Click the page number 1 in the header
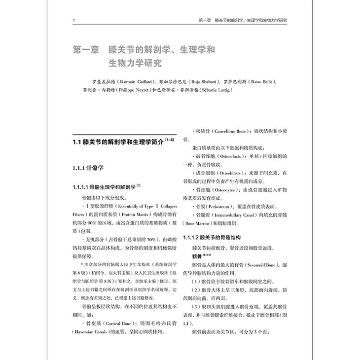point(72,21)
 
